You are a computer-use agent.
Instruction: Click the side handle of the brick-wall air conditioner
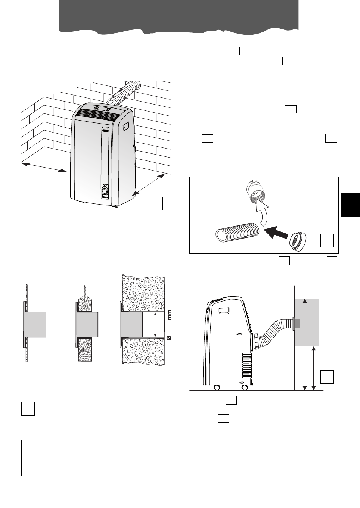tap(125, 125)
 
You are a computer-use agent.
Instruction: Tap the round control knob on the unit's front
tap(104, 191)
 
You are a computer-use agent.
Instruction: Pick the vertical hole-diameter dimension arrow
tap(154, 325)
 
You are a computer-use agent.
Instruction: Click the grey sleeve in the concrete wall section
tap(131, 325)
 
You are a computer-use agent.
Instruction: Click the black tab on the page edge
tap(350, 205)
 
